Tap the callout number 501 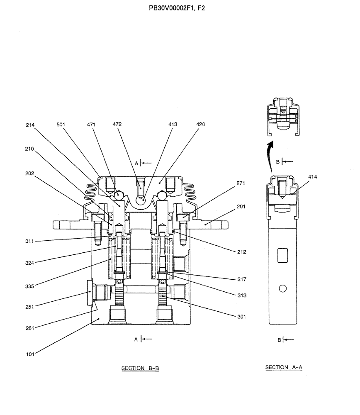click(62, 124)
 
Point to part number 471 click(92, 124)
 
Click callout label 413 click(172, 124)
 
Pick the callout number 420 click(201, 124)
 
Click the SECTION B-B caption click(140, 368)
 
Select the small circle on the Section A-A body click(283, 288)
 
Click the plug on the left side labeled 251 click(91, 292)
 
